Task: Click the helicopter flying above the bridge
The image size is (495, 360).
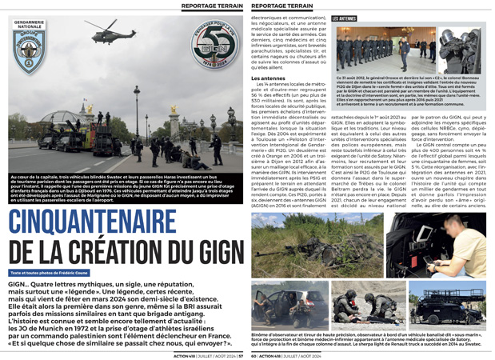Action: (111, 34)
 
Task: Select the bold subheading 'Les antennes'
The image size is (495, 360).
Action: (269, 78)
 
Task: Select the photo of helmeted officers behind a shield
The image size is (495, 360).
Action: (299, 303)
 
